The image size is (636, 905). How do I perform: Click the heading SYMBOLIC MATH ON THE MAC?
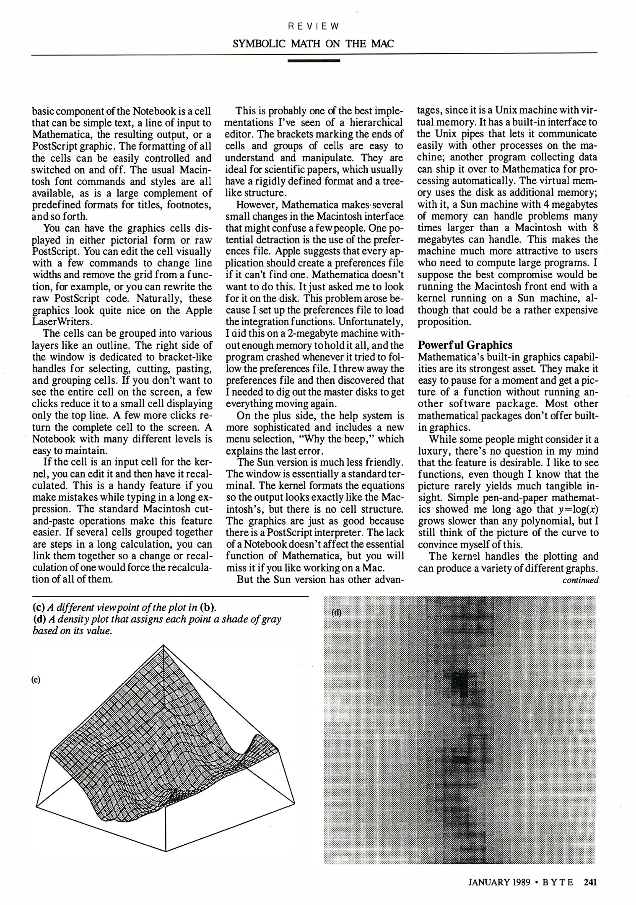click(313, 44)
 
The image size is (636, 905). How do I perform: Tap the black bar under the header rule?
click(314, 61)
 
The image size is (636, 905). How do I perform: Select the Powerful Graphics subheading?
click(465, 345)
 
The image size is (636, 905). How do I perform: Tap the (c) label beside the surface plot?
click(36, 680)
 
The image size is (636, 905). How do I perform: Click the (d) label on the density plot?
click(337, 612)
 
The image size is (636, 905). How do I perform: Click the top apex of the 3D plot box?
click(164, 646)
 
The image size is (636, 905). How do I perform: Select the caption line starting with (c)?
click(124, 607)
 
